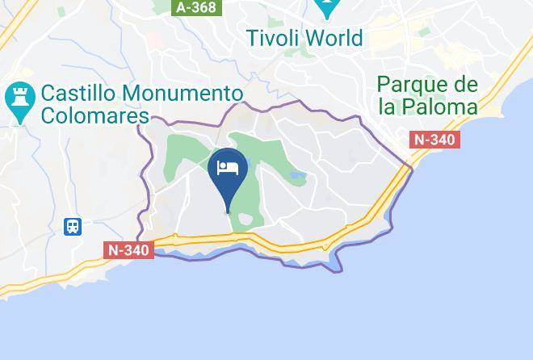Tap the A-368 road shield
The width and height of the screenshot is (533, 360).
click(196, 6)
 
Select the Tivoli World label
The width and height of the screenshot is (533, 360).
click(305, 37)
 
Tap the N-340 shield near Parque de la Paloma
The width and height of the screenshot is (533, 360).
click(434, 140)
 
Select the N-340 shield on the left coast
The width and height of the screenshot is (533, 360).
click(129, 250)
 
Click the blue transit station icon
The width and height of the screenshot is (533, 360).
click(73, 226)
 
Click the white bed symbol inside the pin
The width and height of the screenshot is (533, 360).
click(228, 168)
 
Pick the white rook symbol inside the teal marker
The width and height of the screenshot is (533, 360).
click(17, 99)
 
